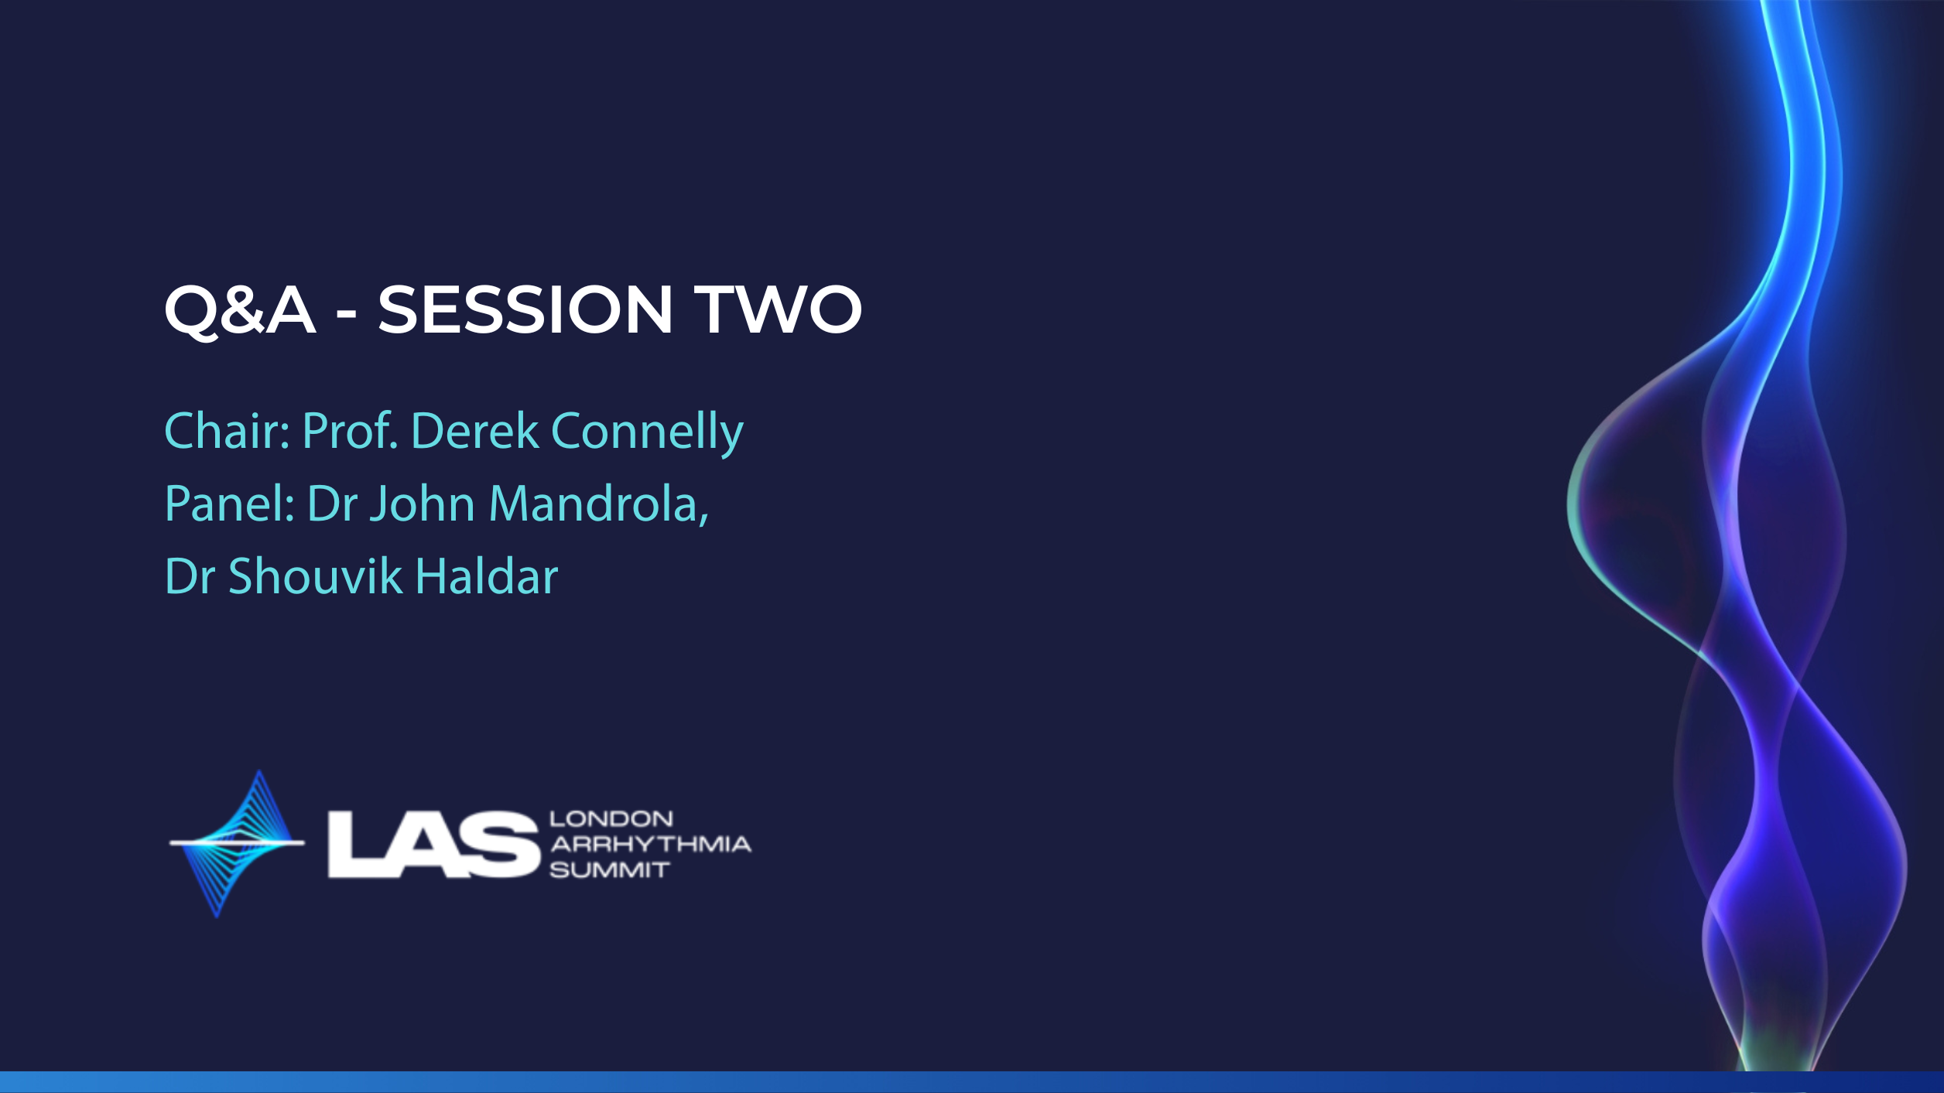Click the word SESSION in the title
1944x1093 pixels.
tap(525, 309)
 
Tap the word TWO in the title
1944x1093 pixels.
tap(778, 309)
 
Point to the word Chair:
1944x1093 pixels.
tap(228, 430)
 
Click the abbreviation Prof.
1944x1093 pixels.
tap(351, 430)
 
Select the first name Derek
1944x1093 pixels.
tap(474, 430)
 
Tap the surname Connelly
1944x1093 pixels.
tap(647, 433)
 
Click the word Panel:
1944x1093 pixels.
tap(230, 504)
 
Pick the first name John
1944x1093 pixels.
tap(423, 504)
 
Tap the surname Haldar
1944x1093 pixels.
tap(487, 576)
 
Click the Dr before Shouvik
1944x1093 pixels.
tap(190, 576)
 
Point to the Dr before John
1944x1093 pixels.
tap(332, 504)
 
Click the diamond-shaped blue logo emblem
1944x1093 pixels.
tap(237, 843)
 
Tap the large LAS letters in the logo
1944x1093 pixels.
tap(433, 845)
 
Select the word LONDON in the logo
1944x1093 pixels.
tap(611, 818)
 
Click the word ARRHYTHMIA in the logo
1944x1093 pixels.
tap(651, 844)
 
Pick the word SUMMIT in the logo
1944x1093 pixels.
tap(610, 870)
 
